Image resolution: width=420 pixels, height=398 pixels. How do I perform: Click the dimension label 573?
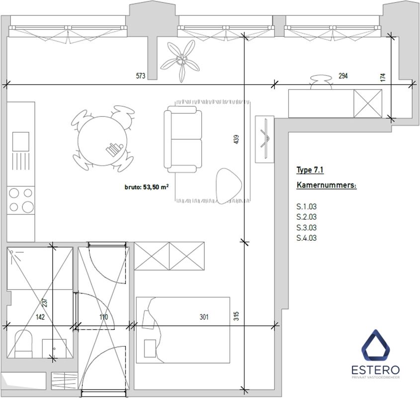pos(141,76)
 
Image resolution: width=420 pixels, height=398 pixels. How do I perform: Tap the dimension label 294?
pos(343,76)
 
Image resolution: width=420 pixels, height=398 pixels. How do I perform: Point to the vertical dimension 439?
pos(236,139)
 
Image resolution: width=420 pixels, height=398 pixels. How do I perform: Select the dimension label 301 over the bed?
pos(204,317)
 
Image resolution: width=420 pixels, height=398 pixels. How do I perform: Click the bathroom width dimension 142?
pos(40,317)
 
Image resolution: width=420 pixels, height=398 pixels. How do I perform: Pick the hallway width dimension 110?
pos(104,317)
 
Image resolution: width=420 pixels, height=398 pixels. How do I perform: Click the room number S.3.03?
pos(307,227)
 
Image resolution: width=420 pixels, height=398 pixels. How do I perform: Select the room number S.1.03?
pos(307,206)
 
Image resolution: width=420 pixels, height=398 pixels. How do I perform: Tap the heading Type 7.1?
pos(310,170)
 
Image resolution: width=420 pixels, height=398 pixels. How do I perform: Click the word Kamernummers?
pos(326,185)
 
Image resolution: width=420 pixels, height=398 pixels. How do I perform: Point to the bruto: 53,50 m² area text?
pos(147,187)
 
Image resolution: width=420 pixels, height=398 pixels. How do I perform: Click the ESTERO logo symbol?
pos(376,346)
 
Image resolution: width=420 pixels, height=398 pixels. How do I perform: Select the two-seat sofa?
pos(183,139)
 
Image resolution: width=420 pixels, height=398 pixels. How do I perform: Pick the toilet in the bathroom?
pos(23,344)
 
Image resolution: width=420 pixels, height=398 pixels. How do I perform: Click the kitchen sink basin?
pos(20,141)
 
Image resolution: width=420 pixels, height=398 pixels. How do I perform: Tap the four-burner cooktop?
pos(20,200)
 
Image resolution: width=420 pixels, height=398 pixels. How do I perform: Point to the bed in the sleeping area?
pos(183,330)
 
